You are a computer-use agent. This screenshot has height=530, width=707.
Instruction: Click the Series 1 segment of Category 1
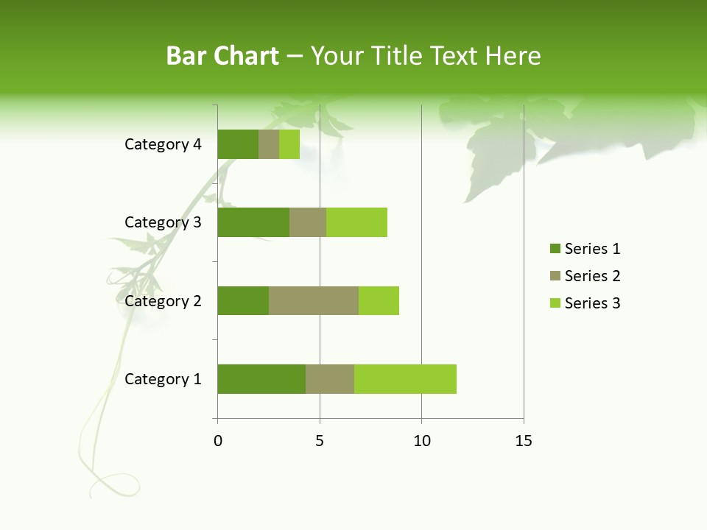tap(261, 379)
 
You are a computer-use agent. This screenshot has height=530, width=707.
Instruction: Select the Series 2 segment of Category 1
tap(330, 379)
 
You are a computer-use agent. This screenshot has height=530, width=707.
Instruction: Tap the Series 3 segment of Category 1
tap(405, 379)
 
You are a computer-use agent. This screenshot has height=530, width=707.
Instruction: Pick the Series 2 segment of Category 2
tap(314, 300)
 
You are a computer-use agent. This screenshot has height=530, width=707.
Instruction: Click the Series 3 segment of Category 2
tap(379, 300)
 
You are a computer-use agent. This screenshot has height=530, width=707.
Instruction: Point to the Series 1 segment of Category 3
tap(253, 222)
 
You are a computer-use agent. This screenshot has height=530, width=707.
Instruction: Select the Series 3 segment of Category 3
tap(356, 222)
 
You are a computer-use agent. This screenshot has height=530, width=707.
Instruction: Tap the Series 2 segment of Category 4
tap(269, 144)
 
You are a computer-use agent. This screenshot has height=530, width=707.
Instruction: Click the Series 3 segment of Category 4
tap(289, 144)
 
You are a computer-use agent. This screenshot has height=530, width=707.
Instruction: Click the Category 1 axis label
tap(163, 379)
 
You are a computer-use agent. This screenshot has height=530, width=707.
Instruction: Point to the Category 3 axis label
tap(163, 222)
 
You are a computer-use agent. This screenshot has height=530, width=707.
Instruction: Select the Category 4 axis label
tap(163, 144)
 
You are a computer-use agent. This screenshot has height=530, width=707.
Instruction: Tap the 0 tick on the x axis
tap(218, 441)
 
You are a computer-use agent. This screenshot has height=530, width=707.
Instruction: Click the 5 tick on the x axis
tap(320, 441)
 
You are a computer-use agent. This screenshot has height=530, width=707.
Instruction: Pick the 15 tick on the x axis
tap(524, 441)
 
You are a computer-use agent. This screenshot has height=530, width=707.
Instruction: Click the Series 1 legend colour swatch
tap(555, 249)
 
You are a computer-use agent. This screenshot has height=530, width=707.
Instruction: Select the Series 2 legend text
tap(592, 276)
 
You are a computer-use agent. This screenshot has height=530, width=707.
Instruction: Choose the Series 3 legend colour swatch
tap(555, 303)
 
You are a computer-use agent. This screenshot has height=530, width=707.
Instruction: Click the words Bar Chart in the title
tap(222, 56)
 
